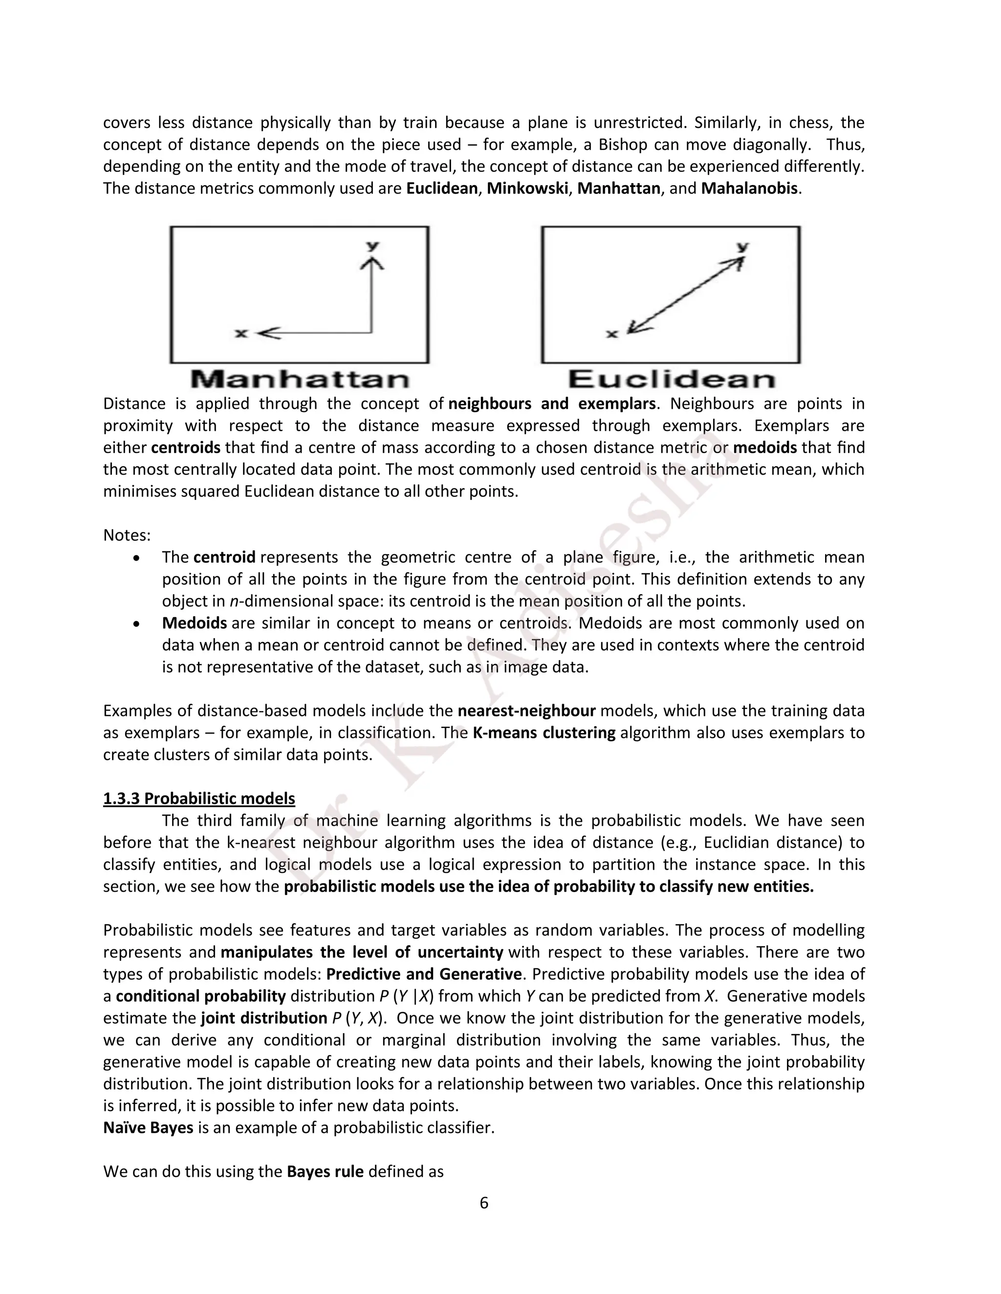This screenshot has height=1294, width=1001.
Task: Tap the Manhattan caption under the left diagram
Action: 300,379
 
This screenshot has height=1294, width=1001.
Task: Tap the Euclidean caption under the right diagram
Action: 671,379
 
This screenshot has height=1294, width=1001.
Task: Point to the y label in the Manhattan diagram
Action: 372,245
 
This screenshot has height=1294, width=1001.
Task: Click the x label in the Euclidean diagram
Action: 612,334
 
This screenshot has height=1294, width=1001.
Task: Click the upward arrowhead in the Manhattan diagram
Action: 372,262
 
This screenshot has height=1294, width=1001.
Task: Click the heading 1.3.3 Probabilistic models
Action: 198,799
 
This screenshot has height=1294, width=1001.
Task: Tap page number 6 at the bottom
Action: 484,1203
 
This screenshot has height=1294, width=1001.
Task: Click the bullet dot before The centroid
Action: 136,558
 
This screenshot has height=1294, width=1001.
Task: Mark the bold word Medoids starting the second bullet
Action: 195,623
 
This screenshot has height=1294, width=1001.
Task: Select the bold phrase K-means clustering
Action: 544,732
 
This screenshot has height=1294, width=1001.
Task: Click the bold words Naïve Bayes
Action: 148,1127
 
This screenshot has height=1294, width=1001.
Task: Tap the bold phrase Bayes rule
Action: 325,1171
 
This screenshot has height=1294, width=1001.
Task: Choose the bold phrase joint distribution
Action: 264,1018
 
